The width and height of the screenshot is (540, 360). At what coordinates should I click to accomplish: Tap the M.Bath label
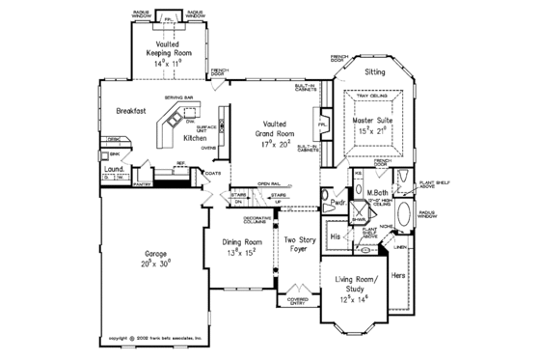pos(377,194)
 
